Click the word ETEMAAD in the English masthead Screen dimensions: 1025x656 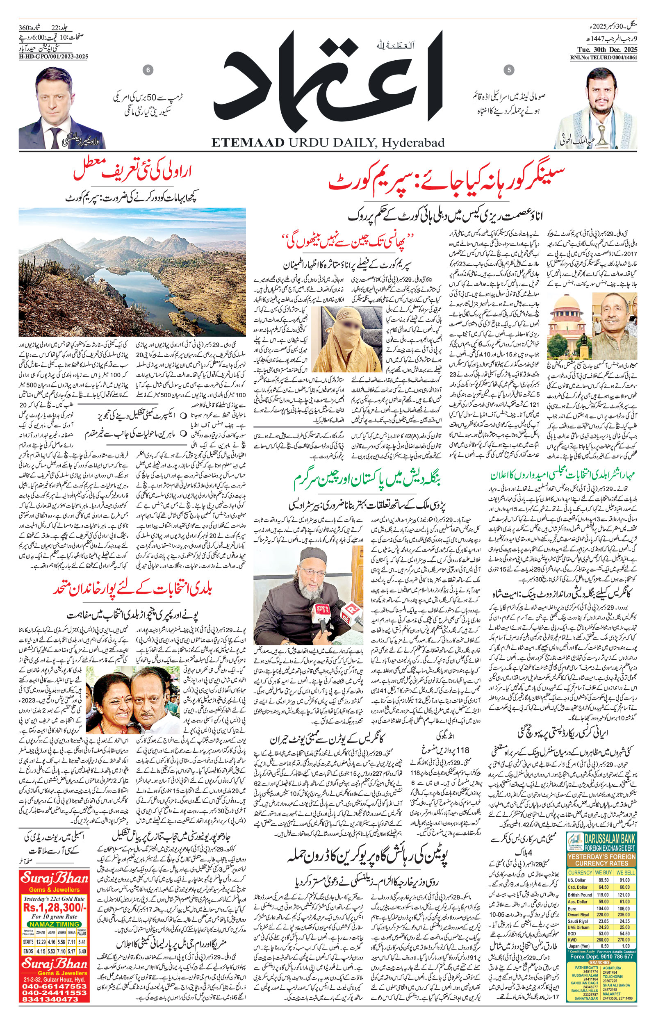[x=248, y=142]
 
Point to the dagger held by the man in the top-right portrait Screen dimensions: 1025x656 [x=603, y=134]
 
